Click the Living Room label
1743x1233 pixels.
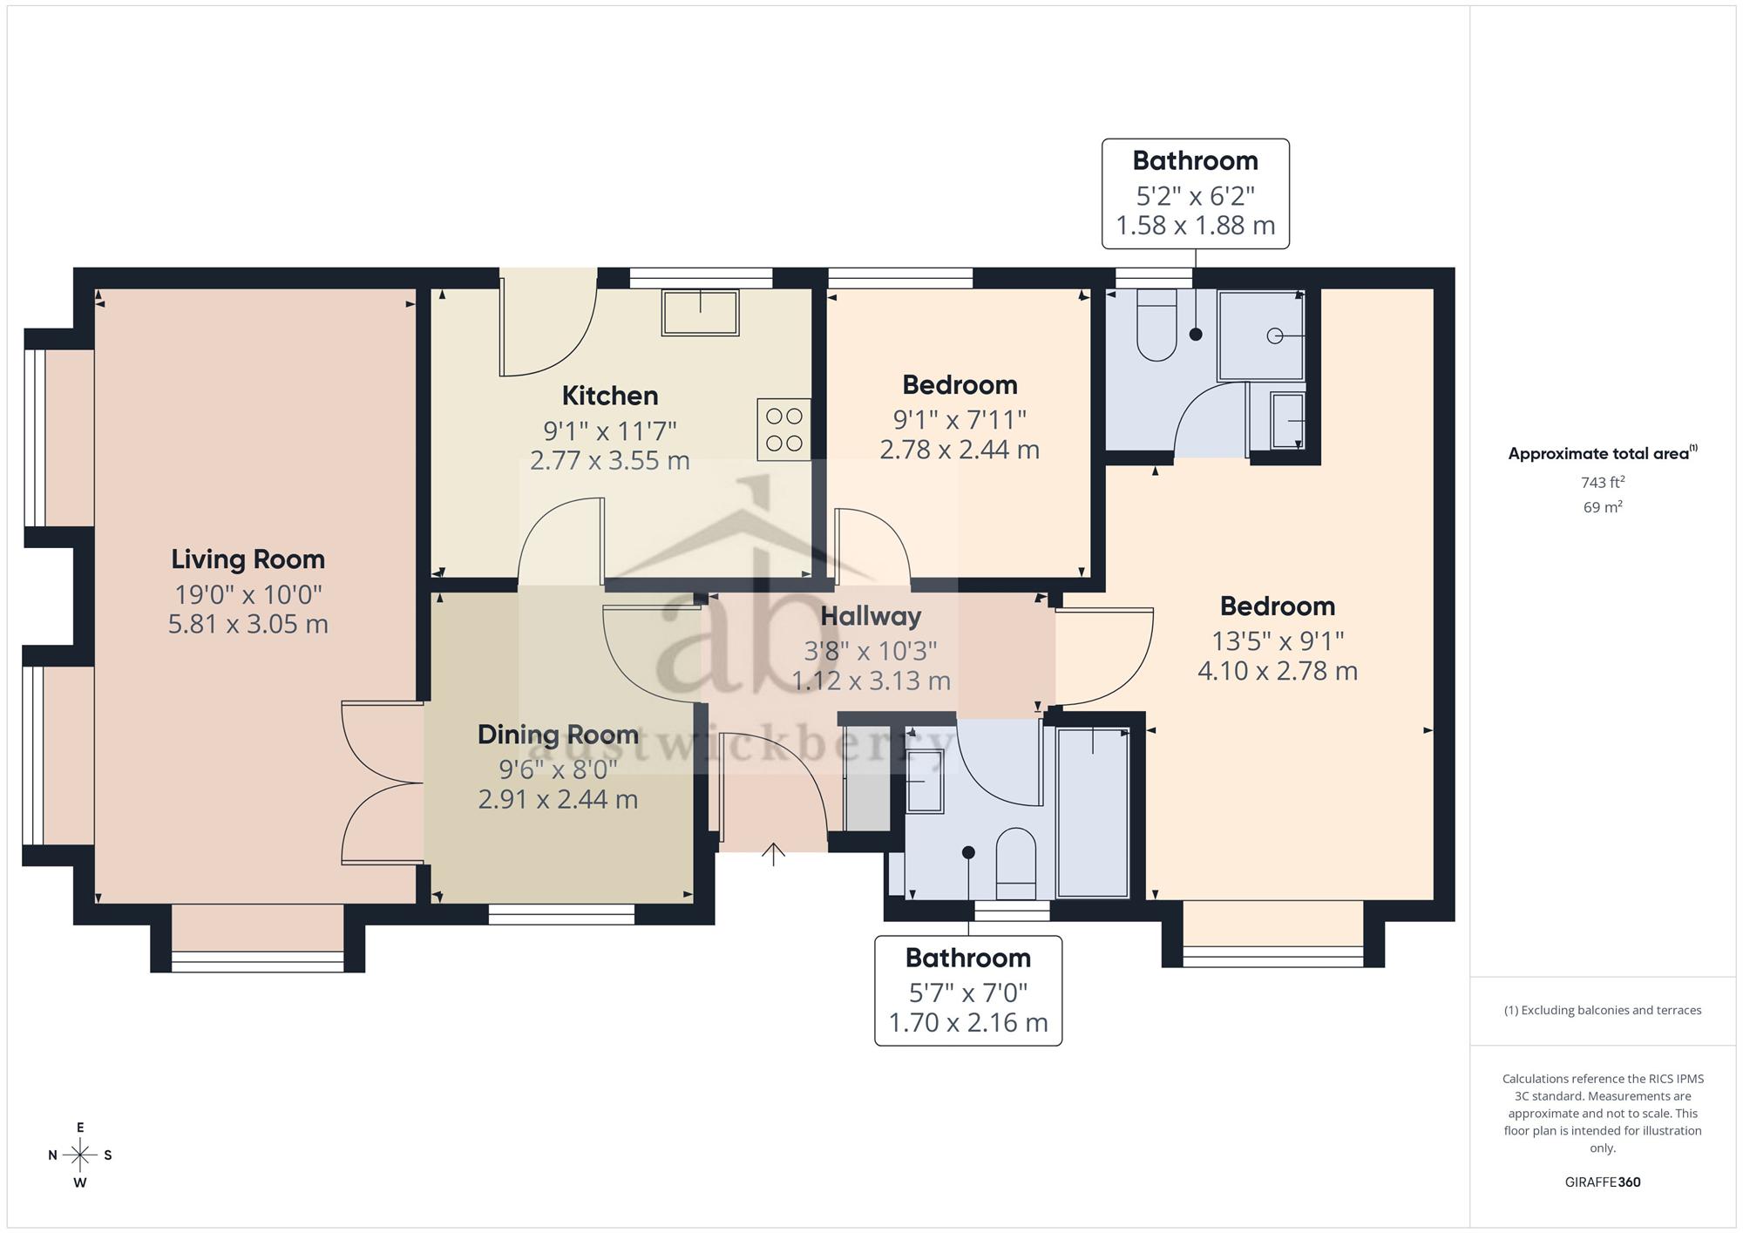(248, 559)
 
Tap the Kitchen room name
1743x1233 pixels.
(610, 396)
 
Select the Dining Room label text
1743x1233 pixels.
(558, 735)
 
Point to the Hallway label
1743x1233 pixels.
(871, 616)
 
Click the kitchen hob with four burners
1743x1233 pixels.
(783, 430)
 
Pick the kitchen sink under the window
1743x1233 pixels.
(701, 313)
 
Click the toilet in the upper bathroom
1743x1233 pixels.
(1156, 325)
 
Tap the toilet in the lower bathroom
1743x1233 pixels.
(1015, 864)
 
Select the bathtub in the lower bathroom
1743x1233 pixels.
(1093, 812)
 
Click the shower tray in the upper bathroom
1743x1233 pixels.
(1261, 335)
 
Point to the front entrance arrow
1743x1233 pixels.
(773, 854)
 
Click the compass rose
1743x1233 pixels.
(80, 1155)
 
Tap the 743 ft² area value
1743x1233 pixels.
(1603, 482)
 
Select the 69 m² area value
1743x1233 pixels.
(1603, 506)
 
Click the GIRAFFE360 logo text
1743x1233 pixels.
(1603, 1182)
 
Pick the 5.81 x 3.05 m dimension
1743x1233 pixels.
(248, 624)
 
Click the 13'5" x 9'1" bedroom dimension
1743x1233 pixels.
(1278, 641)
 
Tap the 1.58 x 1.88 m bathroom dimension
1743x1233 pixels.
(1196, 226)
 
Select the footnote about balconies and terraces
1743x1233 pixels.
(1603, 1011)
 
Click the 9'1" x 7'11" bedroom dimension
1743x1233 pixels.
(960, 420)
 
